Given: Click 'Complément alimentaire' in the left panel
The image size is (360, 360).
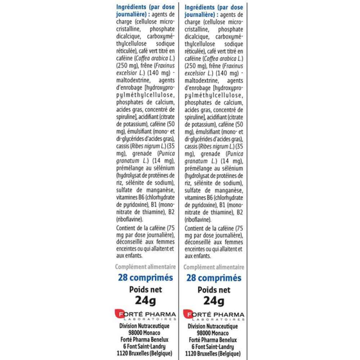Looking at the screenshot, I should click(x=144, y=267).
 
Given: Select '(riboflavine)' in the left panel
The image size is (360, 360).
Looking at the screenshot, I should click(x=130, y=220).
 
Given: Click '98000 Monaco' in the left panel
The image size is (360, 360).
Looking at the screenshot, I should click(x=145, y=333).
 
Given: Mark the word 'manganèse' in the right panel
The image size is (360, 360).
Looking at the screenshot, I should click(x=229, y=190).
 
